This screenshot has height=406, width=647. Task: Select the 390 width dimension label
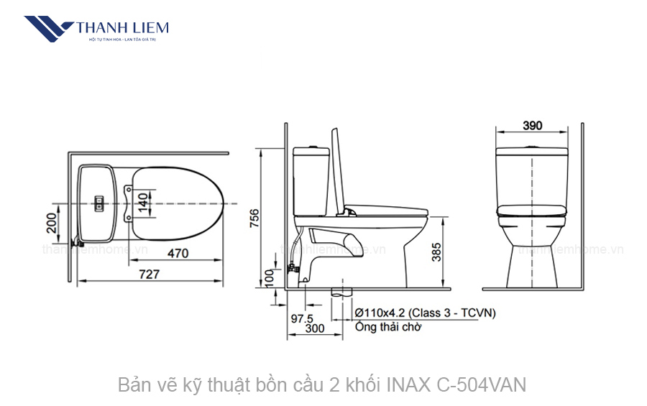click(532, 126)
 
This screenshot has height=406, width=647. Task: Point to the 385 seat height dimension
click(436, 252)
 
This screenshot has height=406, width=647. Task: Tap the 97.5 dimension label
click(300, 318)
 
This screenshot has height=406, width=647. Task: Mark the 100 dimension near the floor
click(270, 277)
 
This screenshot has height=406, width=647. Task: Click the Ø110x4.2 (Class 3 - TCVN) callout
click(426, 313)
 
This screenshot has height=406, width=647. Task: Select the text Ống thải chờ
click(388, 327)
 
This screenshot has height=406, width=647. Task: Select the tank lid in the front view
click(532, 152)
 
